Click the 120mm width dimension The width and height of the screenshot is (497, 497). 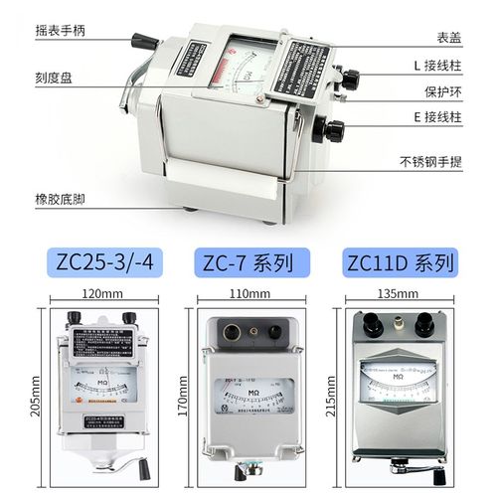coord(103,295)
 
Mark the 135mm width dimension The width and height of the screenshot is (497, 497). coord(398,295)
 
